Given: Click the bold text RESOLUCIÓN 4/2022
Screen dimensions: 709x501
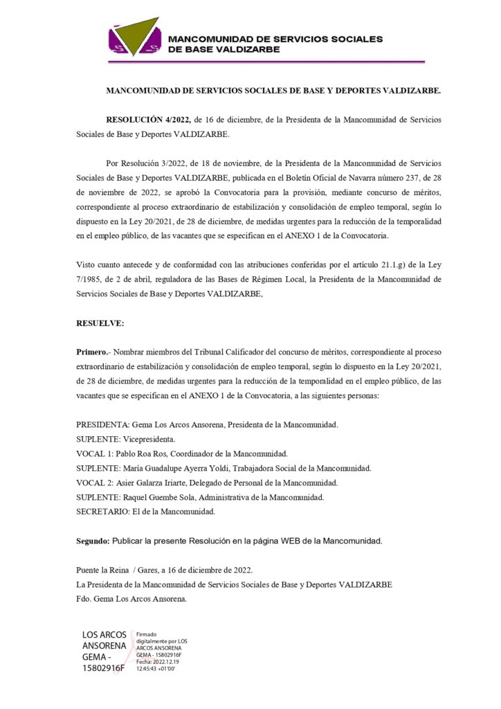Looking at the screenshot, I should coord(148,120).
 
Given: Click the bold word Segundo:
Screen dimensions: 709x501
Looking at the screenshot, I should coord(93,540).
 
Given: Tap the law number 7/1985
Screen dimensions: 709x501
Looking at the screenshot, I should coord(90,279).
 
